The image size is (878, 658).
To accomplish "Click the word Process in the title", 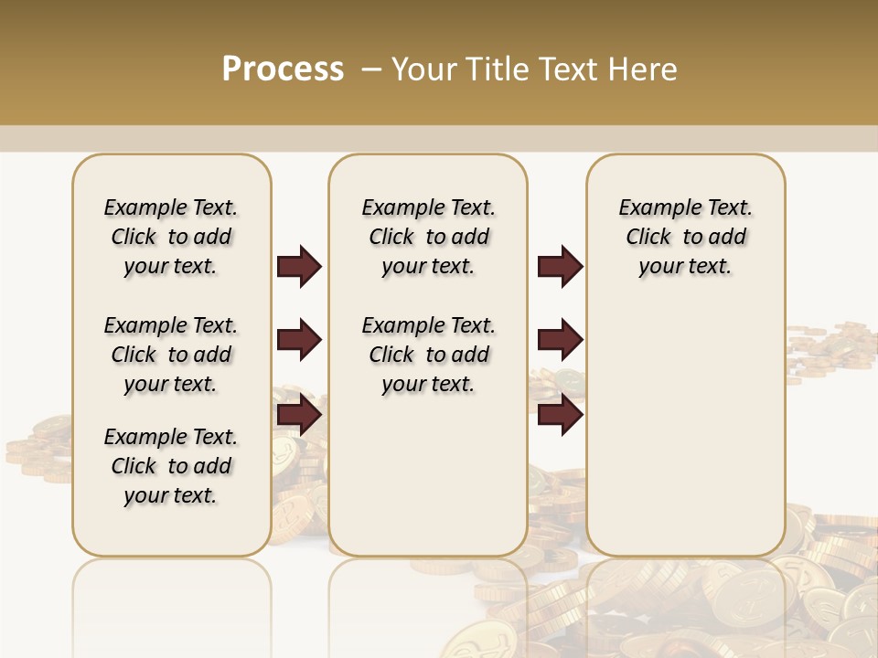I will pos(283,69).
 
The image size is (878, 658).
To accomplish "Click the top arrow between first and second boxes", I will pos(299,267).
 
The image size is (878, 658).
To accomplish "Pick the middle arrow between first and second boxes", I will pos(299,341).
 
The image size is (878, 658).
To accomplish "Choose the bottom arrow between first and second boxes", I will pos(299,416).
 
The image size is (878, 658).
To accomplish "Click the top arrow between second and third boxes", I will pos(560,267).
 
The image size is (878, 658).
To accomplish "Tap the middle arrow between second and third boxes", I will pos(560,341).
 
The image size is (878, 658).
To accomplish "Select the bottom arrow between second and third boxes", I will pos(560,416).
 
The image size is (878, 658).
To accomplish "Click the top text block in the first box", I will pos(171,237).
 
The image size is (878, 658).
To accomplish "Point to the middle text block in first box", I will pos(171,355).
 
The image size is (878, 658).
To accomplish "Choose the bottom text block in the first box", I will pos(171,466).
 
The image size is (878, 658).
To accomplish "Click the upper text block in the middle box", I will pos(428,237).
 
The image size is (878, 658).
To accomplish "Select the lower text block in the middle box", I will pos(428,355).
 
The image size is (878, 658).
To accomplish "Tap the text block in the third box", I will pos(685,237).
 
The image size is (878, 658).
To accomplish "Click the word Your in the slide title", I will pos(424,69).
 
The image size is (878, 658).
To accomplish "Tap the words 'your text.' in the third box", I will pos(685,267).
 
